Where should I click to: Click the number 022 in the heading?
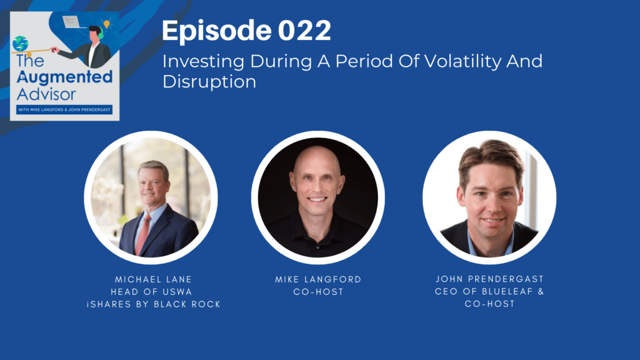click(x=304, y=31)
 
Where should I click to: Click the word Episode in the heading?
click(x=217, y=31)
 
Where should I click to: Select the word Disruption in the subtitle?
click(x=209, y=82)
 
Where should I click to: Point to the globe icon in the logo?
click(x=20, y=44)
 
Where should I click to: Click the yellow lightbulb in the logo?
click(x=107, y=24)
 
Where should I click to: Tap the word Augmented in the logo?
click(x=64, y=77)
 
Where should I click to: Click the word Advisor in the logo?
click(x=46, y=95)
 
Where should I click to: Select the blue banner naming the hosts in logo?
click(x=64, y=109)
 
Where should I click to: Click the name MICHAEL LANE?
click(x=153, y=279)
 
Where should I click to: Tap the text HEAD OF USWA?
click(x=151, y=292)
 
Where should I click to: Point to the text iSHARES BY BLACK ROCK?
click(x=154, y=304)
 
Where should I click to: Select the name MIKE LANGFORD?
click(x=318, y=279)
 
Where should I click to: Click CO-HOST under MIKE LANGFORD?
click(x=318, y=292)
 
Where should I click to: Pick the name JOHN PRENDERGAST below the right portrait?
click(x=490, y=279)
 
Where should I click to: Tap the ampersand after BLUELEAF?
click(x=541, y=291)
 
